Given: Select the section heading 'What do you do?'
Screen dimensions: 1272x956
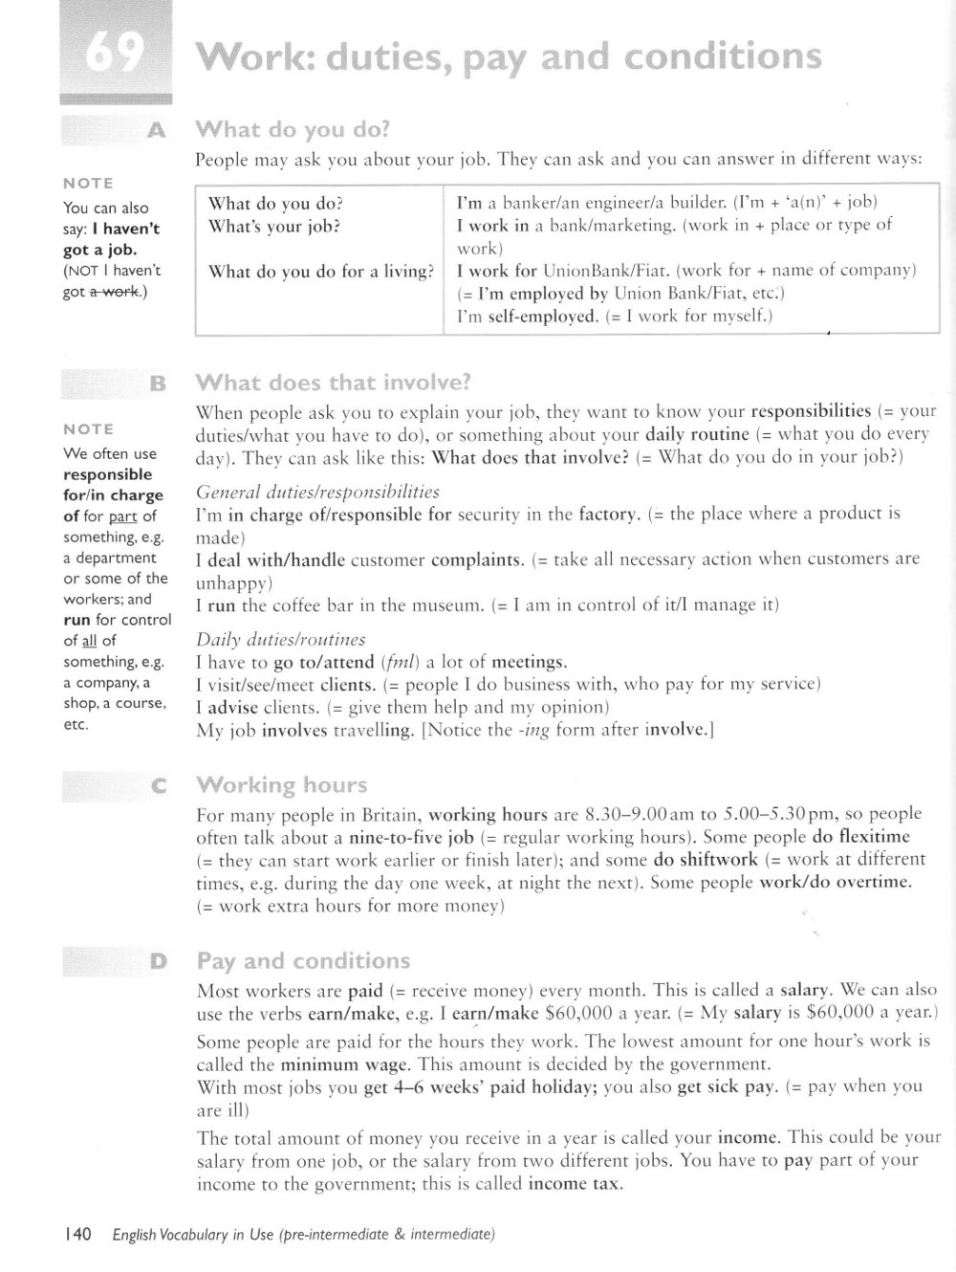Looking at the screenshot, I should coord(293,129).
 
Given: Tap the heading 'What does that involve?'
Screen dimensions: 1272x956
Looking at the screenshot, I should coord(333,383).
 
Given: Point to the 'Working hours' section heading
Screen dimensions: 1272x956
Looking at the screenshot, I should coord(281,785).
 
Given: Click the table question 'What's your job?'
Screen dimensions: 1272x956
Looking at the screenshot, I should coord(274,227).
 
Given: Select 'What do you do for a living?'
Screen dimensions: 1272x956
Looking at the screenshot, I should coord(320,272).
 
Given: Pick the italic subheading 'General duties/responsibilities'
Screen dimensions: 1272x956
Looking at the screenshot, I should coord(317,492).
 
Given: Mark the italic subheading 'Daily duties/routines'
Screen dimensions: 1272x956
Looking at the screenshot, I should coord(280,639).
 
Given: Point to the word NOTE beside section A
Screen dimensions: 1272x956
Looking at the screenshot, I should coord(88,183).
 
